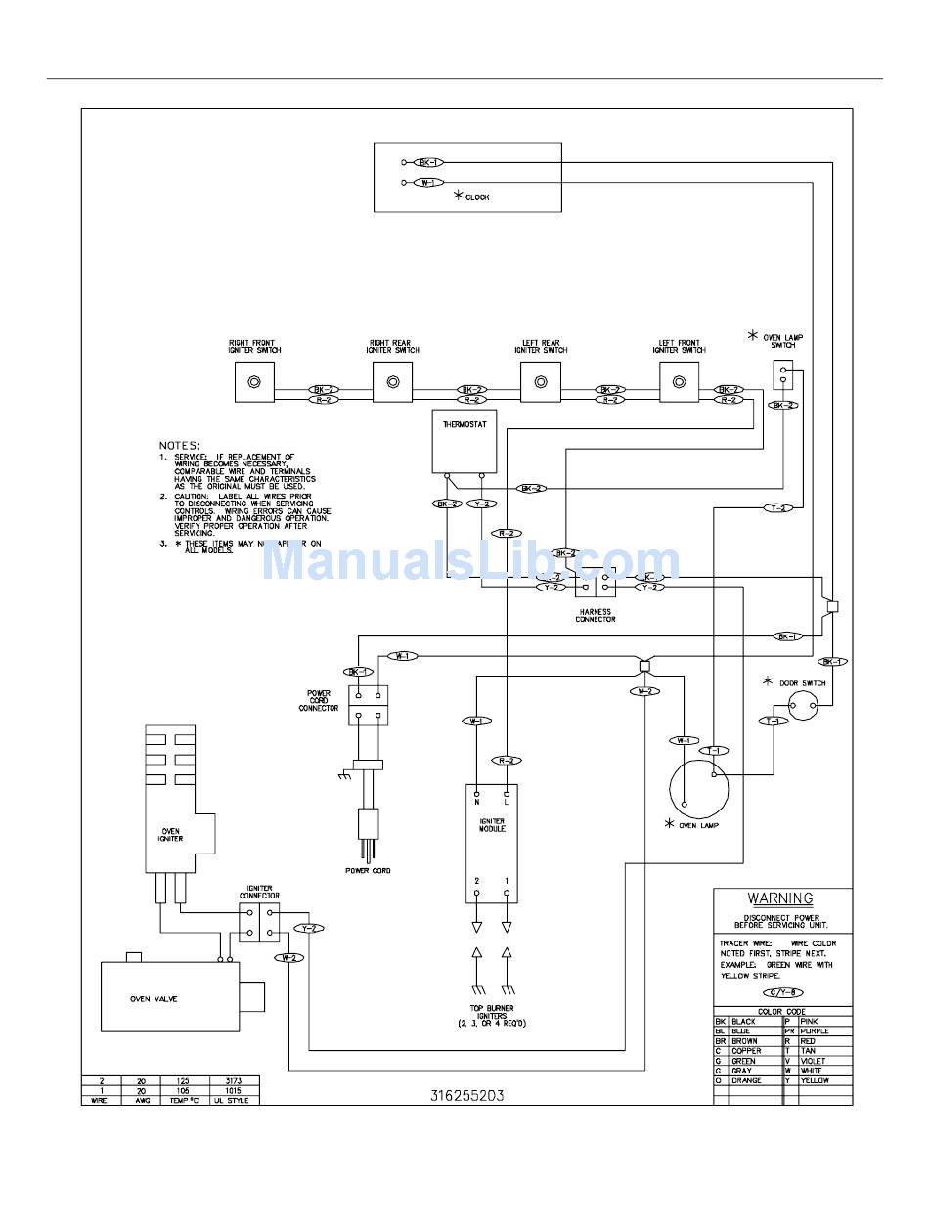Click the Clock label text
[x=477, y=197]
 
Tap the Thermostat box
[x=464, y=442]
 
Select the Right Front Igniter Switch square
[x=255, y=381]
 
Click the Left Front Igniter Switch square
[x=680, y=381]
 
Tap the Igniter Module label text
[x=492, y=825]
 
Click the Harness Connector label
[x=595, y=616]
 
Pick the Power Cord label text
[x=368, y=870]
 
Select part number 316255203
[x=467, y=1096]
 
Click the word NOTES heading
[x=179, y=445]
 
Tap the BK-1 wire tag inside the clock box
[x=427, y=162]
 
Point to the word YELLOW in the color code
[x=815, y=1080]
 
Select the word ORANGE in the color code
[x=746, y=1080]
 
